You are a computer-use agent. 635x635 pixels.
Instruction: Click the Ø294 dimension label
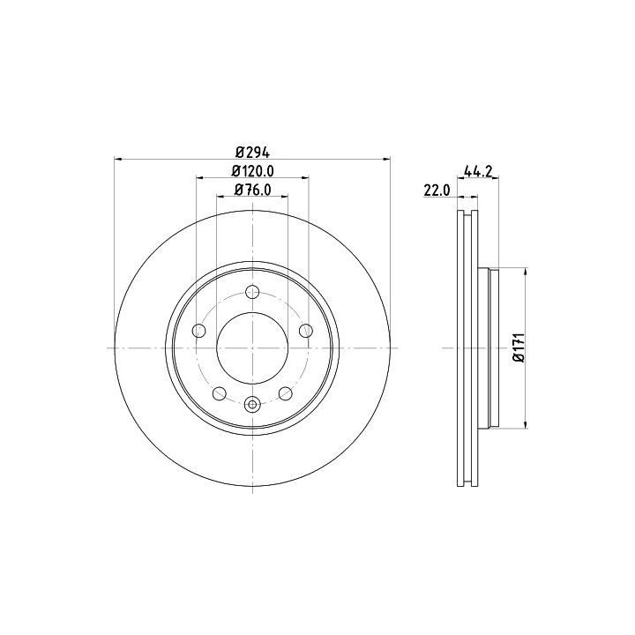pyautogui.click(x=253, y=153)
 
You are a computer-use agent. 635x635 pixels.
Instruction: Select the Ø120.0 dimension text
pyautogui.click(x=253, y=171)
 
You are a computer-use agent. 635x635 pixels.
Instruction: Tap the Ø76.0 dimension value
pyautogui.click(x=253, y=190)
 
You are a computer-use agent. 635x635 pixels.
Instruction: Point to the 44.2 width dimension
pyautogui.click(x=477, y=172)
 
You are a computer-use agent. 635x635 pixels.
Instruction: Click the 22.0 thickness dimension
pyautogui.click(x=437, y=190)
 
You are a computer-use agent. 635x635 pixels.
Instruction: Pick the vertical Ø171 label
pyautogui.click(x=519, y=347)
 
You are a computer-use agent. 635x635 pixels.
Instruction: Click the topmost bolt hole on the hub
pyautogui.click(x=253, y=292)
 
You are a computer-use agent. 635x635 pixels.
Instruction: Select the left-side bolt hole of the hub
pyautogui.click(x=198, y=331)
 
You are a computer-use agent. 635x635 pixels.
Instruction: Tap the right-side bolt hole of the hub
pyautogui.click(x=306, y=331)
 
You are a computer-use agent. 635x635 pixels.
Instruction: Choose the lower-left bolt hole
pyautogui.click(x=220, y=393)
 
